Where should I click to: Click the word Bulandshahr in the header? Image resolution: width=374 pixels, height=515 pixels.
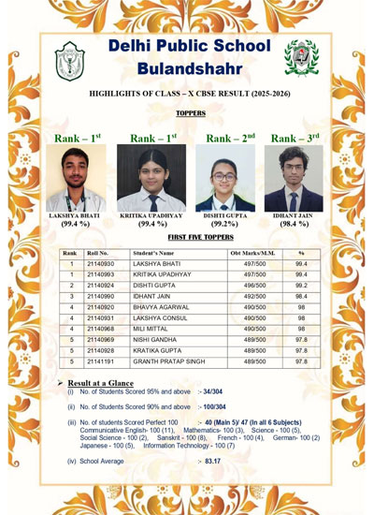tap(189, 68)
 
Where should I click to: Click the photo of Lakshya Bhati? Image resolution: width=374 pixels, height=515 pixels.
tap(73, 179)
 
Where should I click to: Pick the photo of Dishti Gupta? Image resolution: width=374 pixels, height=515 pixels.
tap(226, 179)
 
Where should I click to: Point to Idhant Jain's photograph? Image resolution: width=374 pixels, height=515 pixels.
tap(293, 179)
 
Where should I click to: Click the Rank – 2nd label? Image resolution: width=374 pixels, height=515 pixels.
tap(229, 139)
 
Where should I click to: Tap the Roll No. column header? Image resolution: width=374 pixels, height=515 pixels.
tap(97, 253)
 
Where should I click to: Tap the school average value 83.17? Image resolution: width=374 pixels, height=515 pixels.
tap(212, 461)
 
